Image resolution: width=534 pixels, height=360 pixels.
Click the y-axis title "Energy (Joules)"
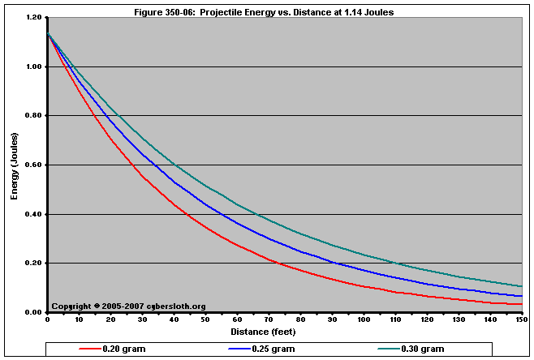pos(14,165)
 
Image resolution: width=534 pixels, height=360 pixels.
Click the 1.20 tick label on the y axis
pos(33,18)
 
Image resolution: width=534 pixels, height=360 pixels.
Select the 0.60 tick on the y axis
pos(33,165)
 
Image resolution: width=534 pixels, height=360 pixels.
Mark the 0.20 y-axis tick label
pos(33,264)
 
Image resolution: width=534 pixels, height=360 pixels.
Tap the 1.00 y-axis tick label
pos(33,67)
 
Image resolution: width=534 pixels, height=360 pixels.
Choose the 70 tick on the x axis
pos(269,319)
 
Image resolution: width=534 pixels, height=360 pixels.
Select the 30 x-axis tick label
pos(143,319)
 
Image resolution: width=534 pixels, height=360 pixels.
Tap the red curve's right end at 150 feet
pos(520,304)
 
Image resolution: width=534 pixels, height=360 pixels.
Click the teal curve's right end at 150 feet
pos(520,286)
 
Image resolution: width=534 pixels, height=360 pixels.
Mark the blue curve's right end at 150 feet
pos(520,296)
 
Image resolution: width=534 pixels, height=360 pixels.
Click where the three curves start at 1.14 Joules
pos(48,32)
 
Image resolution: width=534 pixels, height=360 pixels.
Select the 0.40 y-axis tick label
pos(33,215)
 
